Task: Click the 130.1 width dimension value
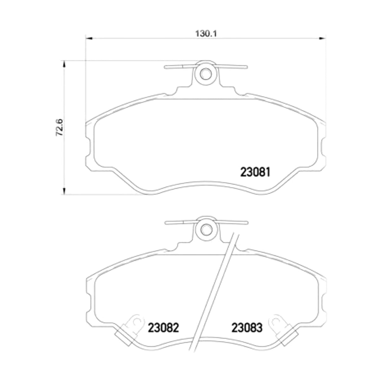206,34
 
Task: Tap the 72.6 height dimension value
59,127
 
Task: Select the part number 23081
255,172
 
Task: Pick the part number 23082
163,328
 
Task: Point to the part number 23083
247,328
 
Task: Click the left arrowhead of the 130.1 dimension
89,38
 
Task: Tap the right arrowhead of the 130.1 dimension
322,38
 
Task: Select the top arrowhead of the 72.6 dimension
64,64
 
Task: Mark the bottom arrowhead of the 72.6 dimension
64,191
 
